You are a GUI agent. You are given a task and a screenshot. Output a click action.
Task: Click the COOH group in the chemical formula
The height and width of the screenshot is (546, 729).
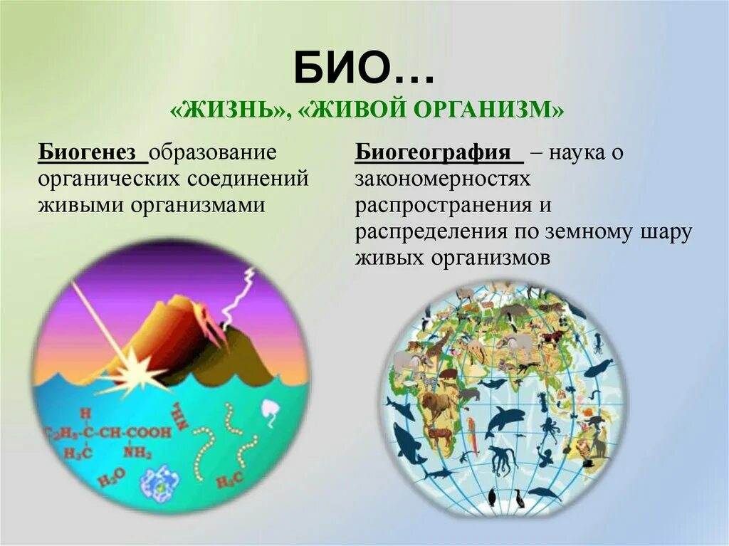(149, 432)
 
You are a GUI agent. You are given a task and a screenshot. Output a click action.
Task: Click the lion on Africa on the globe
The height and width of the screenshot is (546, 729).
(438, 406)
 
